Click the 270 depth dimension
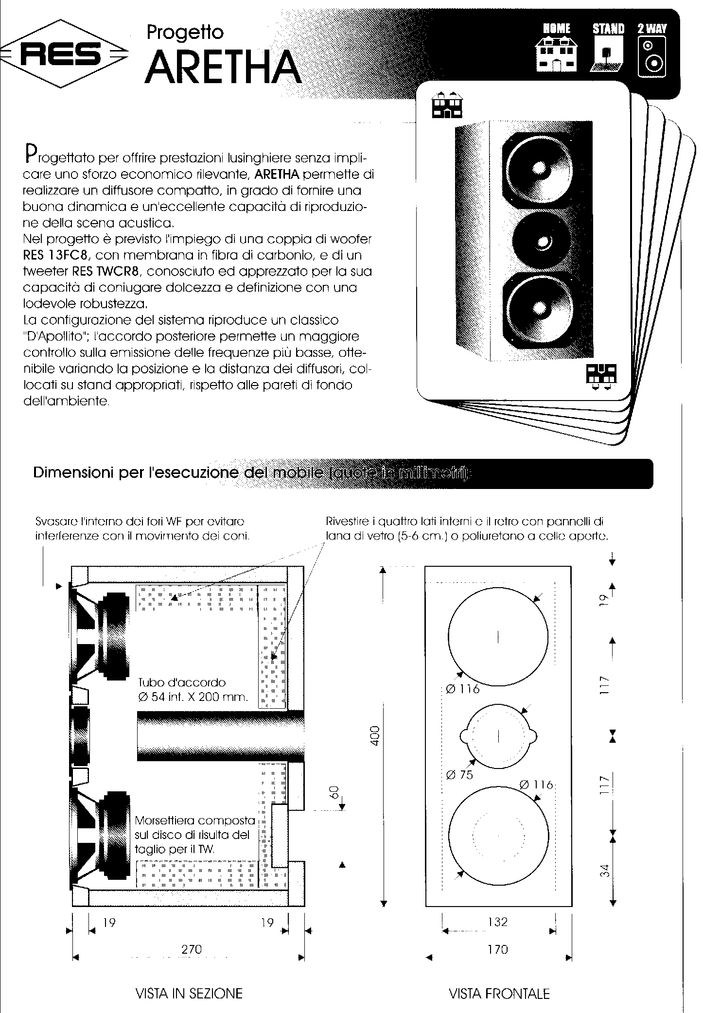click(191, 949)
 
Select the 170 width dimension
click(497, 949)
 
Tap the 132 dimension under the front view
click(498, 922)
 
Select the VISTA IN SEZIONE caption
click(189, 993)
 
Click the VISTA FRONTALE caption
click(499, 993)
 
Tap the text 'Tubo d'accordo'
click(182, 682)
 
